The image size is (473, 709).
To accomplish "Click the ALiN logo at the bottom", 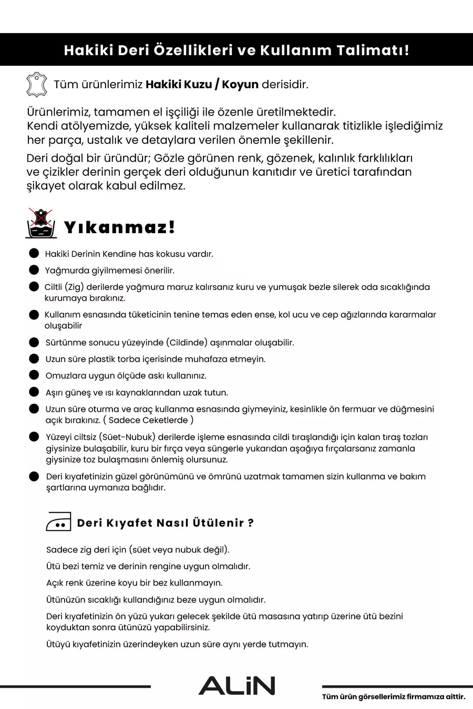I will click(x=236, y=686).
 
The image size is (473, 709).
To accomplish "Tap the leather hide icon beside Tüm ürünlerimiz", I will click(x=36, y=85).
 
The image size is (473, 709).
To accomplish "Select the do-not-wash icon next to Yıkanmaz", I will click(x=41, y=224).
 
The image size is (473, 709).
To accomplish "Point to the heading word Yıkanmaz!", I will click(x=119, y=227).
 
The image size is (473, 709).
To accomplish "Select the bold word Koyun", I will click(x=240, y=85).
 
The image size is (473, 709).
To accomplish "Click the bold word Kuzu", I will click(x=198, y=85).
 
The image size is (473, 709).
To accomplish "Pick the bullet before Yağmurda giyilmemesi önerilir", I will click(x=34, y=270).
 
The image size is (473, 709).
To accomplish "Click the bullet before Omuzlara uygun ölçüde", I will click(x=34, y=375).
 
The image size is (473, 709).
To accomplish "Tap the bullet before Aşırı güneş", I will click(x=34, y=392).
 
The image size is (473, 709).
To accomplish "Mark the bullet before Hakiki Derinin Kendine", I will click(x=34, y=253).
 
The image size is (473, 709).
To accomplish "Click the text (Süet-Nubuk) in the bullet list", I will click(x=127, y=437).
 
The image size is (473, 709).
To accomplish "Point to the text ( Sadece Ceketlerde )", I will click(x=148, y=420).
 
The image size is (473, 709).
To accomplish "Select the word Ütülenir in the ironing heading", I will click(x=218, y=523).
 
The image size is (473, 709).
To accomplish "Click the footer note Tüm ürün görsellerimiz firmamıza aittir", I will click(x=394, y=697).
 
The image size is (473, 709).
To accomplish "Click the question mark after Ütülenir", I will click(x=251, y=523).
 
